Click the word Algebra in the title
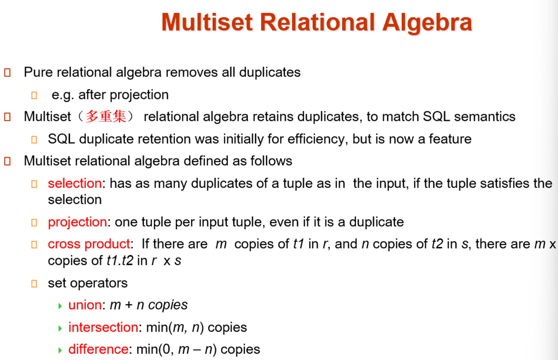point(427,23)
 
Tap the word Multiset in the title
point(207,22)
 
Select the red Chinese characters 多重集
point(106,117)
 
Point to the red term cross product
point(89,244)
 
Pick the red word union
point(85,305)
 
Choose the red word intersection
point(103,327)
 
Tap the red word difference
point(98,349)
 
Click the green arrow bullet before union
point(60,306)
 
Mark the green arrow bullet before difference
point(60,350)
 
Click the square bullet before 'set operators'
point(34,283)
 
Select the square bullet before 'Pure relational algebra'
point(7,73)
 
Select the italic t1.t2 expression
point(120,261)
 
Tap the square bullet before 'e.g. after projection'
point(34,95)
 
